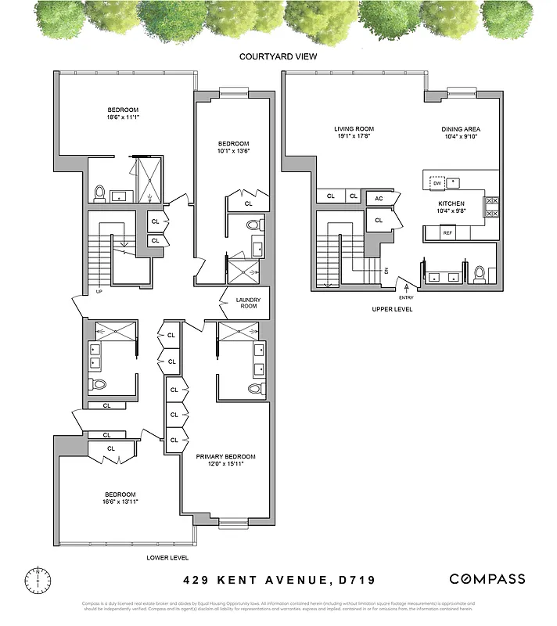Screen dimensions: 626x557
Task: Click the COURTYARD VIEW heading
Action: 278,56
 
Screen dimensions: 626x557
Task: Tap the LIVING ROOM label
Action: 354,129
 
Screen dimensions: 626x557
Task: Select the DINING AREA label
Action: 461,129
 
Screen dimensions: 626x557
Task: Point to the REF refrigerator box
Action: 447,232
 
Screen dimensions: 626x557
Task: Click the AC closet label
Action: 378,199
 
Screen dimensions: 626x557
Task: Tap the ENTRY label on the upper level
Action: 407,297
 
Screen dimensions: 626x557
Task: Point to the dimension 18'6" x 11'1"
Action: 123,117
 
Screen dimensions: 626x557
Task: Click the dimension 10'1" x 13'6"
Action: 233,153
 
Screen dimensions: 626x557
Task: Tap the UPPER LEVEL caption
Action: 393,310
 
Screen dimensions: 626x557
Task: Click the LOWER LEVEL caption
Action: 167,558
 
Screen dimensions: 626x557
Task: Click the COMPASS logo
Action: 487,579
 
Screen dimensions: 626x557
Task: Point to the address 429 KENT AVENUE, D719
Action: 278,580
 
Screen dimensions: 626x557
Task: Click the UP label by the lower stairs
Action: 99,292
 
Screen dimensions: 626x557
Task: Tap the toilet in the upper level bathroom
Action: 480,274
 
